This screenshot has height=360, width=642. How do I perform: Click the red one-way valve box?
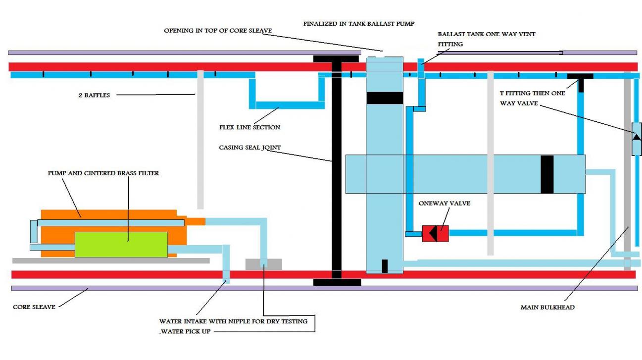point(435,233)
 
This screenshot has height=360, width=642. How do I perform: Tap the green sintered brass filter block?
point(121,244)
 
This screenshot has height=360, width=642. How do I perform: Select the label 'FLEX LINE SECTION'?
point(249,127)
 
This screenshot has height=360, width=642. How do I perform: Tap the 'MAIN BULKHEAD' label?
point(547,308)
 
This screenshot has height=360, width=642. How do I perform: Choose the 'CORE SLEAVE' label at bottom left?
point(34,307)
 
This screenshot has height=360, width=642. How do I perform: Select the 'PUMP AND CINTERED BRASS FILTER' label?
point(103,173)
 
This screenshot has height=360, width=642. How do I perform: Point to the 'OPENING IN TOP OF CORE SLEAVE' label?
point(218,31)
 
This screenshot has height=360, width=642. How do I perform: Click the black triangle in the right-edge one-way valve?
point(636,137)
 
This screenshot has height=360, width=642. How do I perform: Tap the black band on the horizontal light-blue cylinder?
point(547,174)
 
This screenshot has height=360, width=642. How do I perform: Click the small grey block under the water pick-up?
point(263,264)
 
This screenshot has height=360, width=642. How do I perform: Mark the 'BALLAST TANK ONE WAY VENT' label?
point(487,34)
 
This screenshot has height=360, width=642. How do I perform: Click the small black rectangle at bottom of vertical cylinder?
point(385,266)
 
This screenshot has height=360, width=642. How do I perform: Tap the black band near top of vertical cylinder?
point(385,98)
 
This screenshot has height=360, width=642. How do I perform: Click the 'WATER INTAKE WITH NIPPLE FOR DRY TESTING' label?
point(233,321)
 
